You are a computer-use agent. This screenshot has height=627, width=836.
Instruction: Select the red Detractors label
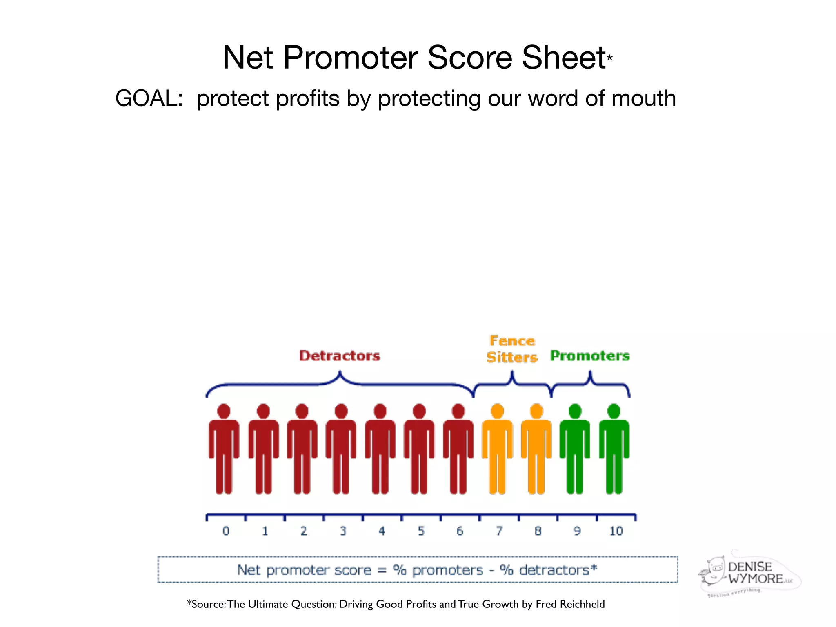(x=340, y=356)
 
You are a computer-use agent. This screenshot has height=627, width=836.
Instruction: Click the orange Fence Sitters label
(x=512, y=349)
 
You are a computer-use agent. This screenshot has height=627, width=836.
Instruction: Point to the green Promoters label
(x=590, y=356)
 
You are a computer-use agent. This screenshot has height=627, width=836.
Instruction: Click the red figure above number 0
(x=224, y=449)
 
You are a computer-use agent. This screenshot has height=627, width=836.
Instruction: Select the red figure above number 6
(x=458, y=449)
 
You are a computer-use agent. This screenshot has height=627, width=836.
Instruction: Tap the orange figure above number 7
(x=497, y=449)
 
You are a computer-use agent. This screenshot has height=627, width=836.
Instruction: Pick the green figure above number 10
(x=614, y=449)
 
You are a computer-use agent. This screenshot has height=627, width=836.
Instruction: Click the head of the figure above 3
(x=341, y=411)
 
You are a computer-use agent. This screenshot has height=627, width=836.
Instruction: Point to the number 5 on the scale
(x=421, y=531)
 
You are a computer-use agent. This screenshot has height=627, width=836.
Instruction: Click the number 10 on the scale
(x=616, y=531)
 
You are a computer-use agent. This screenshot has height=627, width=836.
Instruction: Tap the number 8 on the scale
(x=538, y=531)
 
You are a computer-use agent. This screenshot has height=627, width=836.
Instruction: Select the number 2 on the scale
(x=304, y=531)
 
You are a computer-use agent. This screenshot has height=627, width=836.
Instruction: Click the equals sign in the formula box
(x=382, y=570)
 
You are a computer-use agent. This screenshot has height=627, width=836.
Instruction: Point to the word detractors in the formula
(x=554, y=570)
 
